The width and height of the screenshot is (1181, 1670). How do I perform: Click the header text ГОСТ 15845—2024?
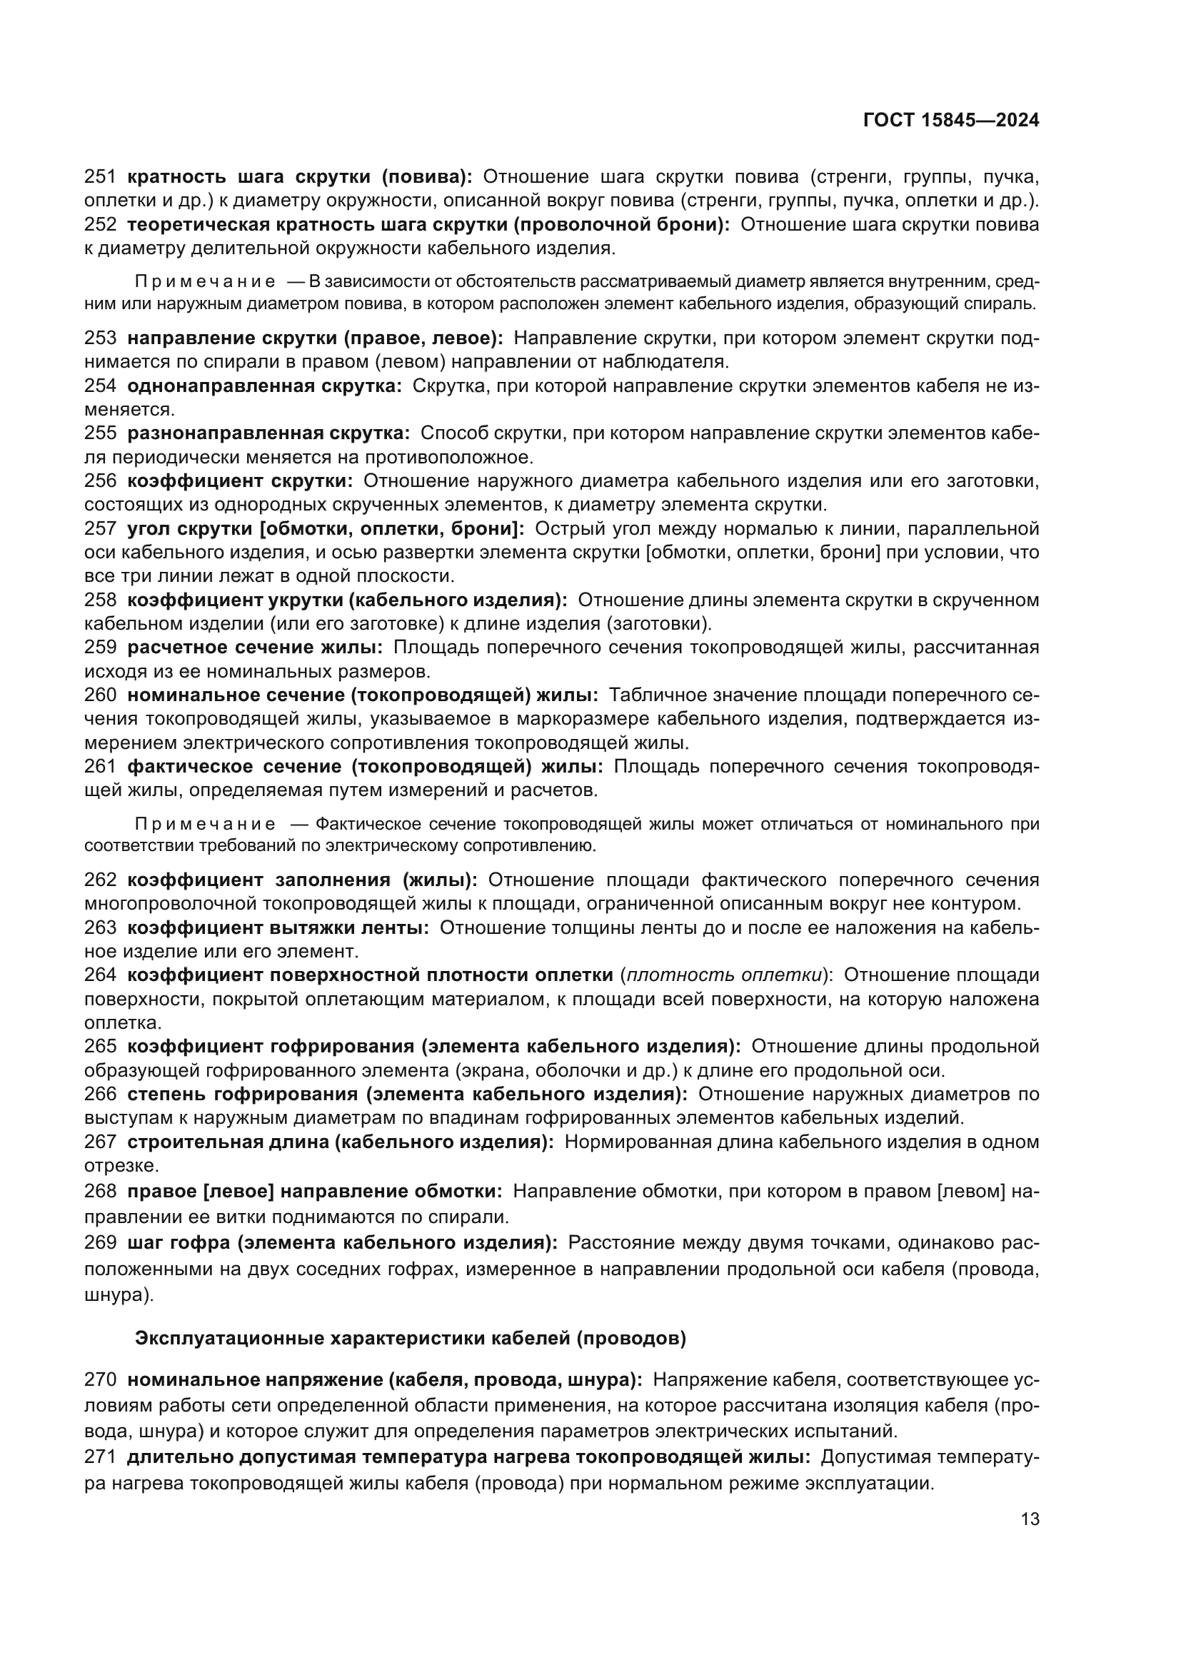point(950,121)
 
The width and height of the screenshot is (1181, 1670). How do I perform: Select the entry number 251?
point(101,177)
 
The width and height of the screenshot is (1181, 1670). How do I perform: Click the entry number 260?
point(101,695)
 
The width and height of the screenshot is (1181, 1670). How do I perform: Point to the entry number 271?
point(101,1457)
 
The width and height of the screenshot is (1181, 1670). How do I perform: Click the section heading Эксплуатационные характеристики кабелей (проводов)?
point(410,1338)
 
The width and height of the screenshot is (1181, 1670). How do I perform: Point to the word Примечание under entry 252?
point(205,281)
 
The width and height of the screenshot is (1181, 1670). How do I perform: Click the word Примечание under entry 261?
point(205,824)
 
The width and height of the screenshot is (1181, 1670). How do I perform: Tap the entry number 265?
point(101,1046)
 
